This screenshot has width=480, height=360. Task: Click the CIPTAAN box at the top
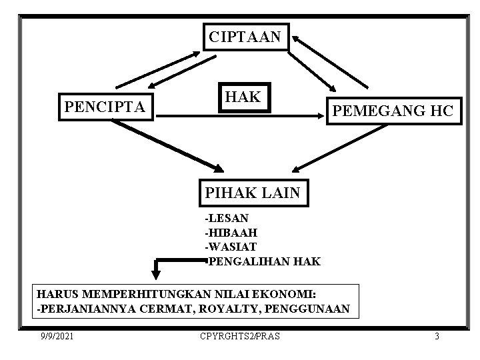245,37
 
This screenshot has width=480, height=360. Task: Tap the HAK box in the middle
243,97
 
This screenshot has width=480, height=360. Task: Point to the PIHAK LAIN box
253,194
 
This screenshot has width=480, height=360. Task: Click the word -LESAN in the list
227,218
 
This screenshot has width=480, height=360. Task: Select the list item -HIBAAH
231,233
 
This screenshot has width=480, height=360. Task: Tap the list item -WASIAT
231,247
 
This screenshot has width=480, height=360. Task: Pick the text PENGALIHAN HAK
264,261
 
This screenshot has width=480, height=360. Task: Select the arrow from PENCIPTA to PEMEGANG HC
240,117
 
